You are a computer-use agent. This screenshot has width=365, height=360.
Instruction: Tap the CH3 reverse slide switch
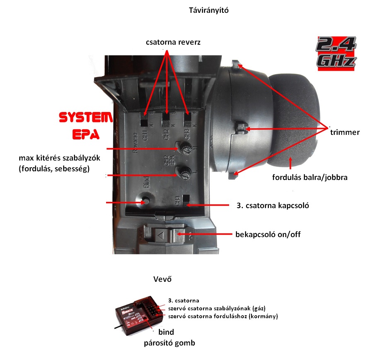click(188, 120)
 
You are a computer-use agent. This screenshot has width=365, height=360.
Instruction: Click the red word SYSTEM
click(85, 118)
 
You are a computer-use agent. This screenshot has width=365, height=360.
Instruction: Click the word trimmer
click(344, 132)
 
